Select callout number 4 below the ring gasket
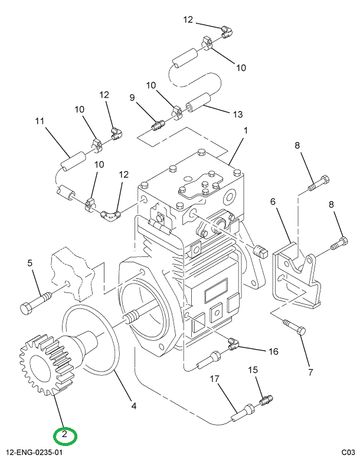pos(134,406)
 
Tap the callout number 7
pos(310,372)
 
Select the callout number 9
pos(132,97)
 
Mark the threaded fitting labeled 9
pos(156,126)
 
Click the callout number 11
pos(40,122)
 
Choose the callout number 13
pos(238,114)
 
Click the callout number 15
pos(253,370)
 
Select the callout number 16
pos(273,352)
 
